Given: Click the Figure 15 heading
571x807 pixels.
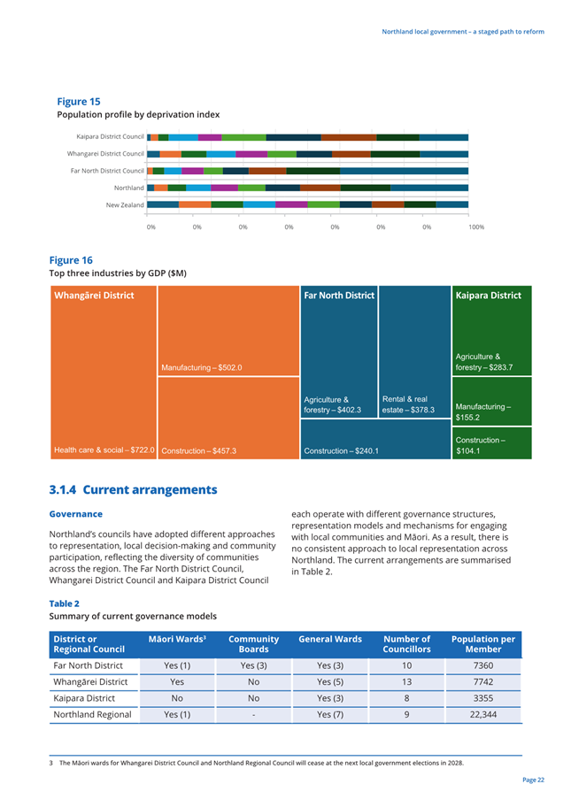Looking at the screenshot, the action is click(78, 102).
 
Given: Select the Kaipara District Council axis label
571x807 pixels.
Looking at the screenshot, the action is click(110, 137).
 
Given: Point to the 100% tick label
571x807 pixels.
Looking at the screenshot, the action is click(476, 227).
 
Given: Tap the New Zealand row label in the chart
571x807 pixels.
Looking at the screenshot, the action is click(125, 204).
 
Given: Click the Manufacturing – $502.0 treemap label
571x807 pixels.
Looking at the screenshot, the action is click(201, 367).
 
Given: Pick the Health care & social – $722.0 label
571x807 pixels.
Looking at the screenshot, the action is click(104, 450).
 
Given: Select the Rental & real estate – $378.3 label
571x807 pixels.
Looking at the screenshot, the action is click(408, 404).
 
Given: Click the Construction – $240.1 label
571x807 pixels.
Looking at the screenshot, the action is click(341, 451).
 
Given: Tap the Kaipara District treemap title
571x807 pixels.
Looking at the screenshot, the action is click(488, 296).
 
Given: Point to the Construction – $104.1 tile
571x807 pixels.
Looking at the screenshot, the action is click(491, 443).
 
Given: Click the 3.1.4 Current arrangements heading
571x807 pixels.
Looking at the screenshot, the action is click(133, 489).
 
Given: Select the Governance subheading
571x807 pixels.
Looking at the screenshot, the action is click(75, 514).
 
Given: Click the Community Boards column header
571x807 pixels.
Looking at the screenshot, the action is click(254, 644).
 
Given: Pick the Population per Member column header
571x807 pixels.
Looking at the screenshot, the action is click(483, 644).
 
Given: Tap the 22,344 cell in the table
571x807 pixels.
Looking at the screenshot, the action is click(483, 714).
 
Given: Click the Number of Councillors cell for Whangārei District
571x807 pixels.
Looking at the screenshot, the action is click(406, 682).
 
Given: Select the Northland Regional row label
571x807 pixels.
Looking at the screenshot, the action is click(92, 714).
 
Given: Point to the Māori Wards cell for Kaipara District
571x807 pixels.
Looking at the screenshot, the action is click(177, 698).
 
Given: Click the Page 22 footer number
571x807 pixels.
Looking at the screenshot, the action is click(533, 780).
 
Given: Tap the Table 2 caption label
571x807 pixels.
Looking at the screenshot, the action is click(64, 603).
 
